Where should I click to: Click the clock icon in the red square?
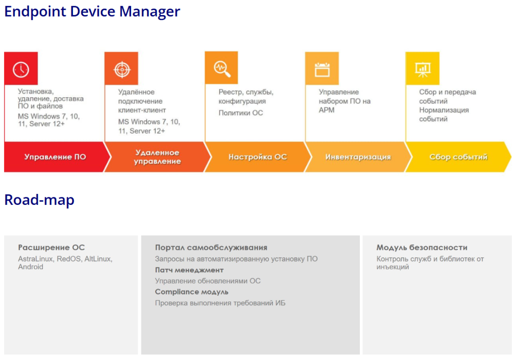[x=21, y=69]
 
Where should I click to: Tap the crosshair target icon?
[x=122, y=69]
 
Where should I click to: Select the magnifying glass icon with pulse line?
[x=222, y=68]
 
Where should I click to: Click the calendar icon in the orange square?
[x=322, y=69]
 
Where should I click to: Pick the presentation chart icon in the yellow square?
[x=423, y=69]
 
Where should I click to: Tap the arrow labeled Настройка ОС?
[x=257, y=157]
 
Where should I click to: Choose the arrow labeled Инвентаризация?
[x=358, y=157]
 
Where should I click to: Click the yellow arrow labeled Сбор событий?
[x=459, y=157]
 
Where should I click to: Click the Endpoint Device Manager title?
[x=92, y=12]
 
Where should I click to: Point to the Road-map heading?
[x=39, y=200]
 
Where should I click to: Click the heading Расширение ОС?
[x=51, y=247]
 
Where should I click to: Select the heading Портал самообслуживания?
[x=211, y=247]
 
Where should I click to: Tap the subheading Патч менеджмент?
[x=189, y=270]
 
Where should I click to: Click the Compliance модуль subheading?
[x=191, y=292]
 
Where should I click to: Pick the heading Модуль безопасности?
[x=422, y=247]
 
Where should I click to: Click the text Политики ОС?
[x=241, y=113]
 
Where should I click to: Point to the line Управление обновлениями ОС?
[x=208, y=281]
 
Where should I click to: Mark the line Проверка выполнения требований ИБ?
[x=220, y=303]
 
